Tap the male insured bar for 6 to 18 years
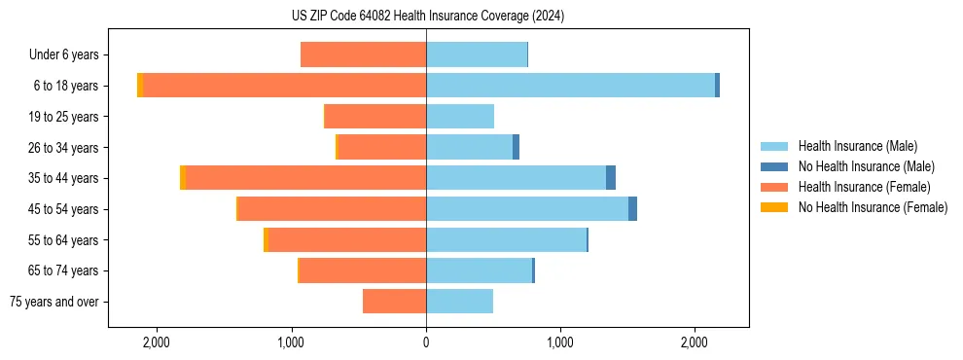(570, 86)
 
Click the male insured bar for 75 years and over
(459, 302)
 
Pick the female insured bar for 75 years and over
(394, 302)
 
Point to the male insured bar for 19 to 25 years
(460, 117)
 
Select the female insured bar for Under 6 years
(363, 55)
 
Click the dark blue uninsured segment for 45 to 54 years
(632, 209)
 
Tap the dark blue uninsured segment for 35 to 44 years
(611, 178)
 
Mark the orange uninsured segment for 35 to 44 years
(182, 178)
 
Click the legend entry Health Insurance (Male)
(856, 147)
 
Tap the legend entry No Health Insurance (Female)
(873, 207)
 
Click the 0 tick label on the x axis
(426, 342)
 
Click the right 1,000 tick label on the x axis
(560, 342)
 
